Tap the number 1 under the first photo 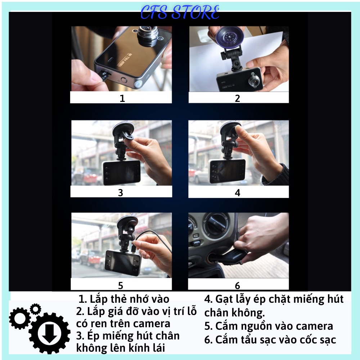coord(122,98)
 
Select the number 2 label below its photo coord(237,98)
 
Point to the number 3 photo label coord(121,193)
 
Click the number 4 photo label coord(237,193)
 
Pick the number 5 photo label coord(121,285)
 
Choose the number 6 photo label coord(237,285)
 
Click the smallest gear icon coord(35,309)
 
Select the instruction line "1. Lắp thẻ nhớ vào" coord(124,299)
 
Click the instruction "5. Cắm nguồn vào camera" coord(269,326)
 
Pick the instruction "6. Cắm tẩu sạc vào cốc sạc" coord(270,339)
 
